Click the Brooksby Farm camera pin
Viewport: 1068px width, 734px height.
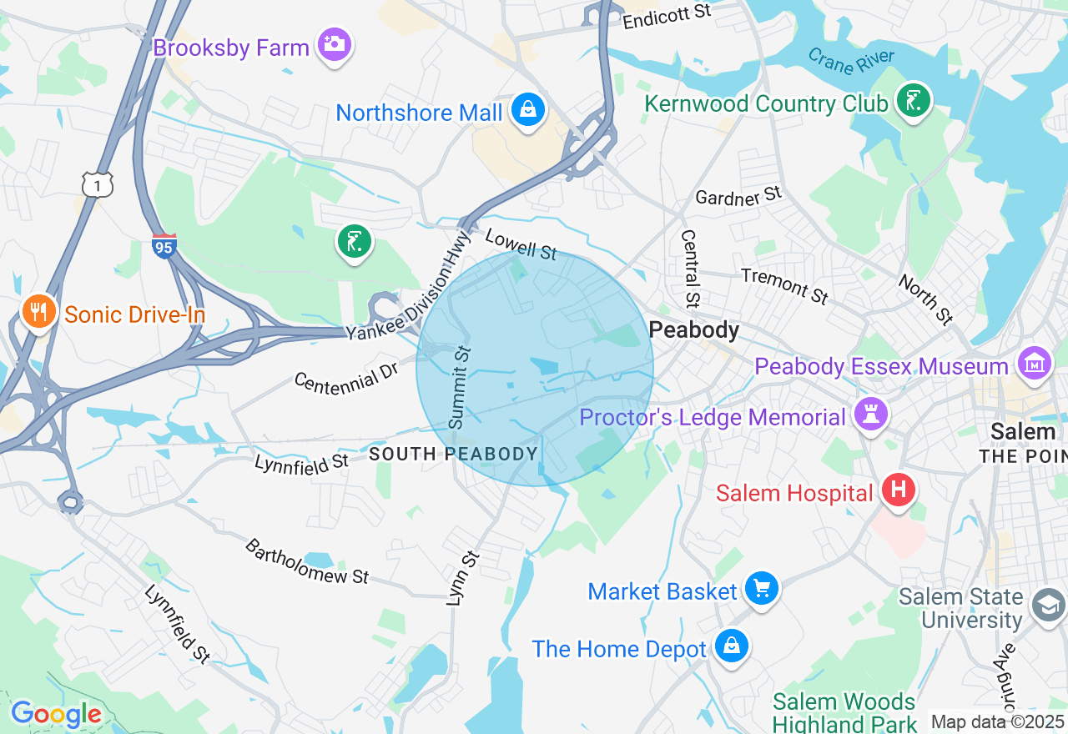tap(335, 44)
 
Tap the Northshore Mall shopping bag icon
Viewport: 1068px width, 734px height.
tap(528, 109)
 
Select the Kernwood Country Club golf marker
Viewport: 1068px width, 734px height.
tap(913, 100)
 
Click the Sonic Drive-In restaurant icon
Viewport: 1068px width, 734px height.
tap(38, 313)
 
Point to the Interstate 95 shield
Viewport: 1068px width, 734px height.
tap(164, 246)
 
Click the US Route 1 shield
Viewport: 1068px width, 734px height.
tap(98, 184)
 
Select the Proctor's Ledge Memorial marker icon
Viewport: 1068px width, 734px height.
tap(870, 414)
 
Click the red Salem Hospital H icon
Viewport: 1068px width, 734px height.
tap(899, 490)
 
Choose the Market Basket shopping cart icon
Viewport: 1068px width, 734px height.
tap(761, 589)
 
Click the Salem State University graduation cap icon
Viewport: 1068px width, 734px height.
tap(1047, 606)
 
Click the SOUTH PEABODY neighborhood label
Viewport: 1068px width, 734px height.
tap(453, 454)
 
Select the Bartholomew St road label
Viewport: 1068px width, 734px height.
tap(307, 561)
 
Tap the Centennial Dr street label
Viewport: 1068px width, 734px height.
tap(346, 380)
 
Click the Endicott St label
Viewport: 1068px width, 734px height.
tap(667, 15)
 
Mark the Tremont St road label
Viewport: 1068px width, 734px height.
tap(784, 285)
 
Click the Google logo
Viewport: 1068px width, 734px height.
tap(56, 714)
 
